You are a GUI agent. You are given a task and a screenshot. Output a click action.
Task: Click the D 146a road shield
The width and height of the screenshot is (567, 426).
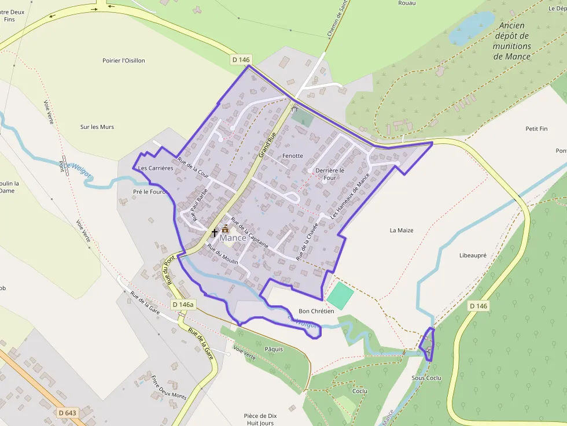(x=183, y=305)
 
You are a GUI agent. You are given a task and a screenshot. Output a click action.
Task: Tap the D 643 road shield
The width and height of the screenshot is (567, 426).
(x=68, y=413)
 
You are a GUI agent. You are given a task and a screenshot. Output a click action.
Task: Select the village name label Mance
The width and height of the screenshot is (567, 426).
(x=233, y=238)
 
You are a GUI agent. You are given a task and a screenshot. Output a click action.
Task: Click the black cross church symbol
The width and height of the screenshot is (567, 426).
(x=215, y=233)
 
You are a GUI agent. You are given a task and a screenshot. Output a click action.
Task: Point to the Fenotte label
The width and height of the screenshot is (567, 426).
(x=292, y=156)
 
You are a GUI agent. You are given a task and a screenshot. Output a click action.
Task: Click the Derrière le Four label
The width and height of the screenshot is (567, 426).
(x=329, y=174)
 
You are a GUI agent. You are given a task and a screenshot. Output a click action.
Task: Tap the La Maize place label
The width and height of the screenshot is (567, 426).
(x=402, y=230)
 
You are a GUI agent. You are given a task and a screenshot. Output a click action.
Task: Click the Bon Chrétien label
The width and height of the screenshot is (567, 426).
(x=316, y=311)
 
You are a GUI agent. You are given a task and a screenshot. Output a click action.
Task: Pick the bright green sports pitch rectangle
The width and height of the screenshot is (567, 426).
(x=340, y=296)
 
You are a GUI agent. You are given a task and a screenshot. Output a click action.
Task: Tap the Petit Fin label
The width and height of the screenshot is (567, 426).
(x=536, y=129)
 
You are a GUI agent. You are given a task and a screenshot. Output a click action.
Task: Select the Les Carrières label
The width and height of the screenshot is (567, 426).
(x=155, y=168)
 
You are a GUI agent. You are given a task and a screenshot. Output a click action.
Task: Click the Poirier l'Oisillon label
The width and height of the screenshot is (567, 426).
(x=124, y=61)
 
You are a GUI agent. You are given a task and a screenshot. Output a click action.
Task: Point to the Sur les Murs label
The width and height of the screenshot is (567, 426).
(x=97, y=127)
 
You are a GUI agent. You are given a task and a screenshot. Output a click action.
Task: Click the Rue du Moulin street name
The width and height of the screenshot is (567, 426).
(x=223, y=255)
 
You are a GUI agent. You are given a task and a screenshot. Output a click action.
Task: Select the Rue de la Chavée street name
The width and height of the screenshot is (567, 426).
(x=307, y=241)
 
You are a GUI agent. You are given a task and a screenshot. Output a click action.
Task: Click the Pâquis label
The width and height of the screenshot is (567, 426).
(x=274, y=349)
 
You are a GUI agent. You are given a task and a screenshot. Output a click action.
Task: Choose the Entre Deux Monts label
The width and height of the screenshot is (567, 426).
(x=168, y=388)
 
